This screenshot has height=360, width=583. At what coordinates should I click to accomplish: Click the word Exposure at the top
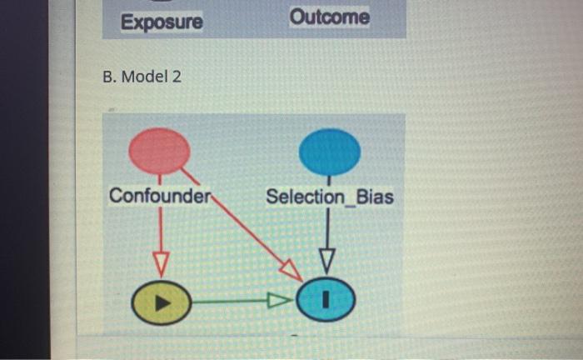(x=162, y=22)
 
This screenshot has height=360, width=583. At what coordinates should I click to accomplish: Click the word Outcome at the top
(x=330, y=17)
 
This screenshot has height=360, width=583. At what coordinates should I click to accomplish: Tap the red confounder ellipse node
(x=160, y=151)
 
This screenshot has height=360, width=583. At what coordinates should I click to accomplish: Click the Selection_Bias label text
(x=330, y=197)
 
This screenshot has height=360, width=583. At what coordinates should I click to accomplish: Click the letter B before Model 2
(x=108, y=77)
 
